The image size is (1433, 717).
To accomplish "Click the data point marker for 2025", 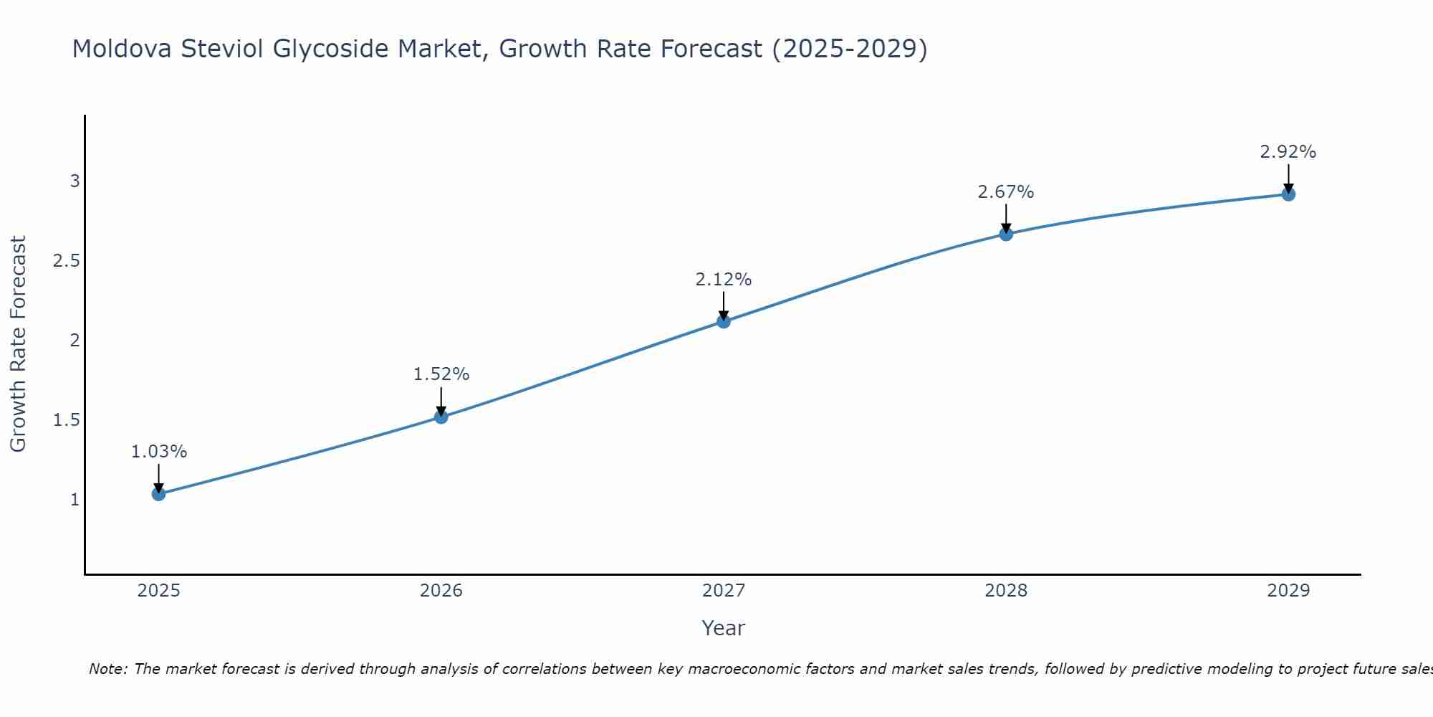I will [159, 494].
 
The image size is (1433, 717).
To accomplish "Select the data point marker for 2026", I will [441, 417].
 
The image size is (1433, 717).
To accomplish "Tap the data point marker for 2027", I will [724, 321].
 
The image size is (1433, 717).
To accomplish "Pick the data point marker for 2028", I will [1006, 234].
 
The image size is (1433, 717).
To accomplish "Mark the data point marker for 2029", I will [1288, 194].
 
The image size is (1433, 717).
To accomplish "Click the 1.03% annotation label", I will [159, 452].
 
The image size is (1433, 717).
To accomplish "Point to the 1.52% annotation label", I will [441, 374].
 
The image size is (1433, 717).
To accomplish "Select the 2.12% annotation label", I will [724, 280].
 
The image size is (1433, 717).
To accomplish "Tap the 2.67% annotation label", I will [1006, 192].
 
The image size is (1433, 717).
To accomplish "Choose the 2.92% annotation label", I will [1288, 152].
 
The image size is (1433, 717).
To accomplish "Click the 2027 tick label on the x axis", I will [724, 591].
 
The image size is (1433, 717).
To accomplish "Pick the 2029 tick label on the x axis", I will [1288, 591].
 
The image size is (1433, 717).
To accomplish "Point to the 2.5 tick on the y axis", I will [67, 261].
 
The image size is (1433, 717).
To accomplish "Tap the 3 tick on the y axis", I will [75, 181].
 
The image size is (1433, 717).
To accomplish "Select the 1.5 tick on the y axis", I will [67, 420].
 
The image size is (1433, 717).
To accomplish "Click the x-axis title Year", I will [724, 628].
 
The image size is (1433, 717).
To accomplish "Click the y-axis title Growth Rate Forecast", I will [18, 344].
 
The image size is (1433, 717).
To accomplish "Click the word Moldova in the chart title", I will [122, 49].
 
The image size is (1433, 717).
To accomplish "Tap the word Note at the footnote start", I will [107, 669].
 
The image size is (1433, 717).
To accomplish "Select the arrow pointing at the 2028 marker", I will [1006, 218].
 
